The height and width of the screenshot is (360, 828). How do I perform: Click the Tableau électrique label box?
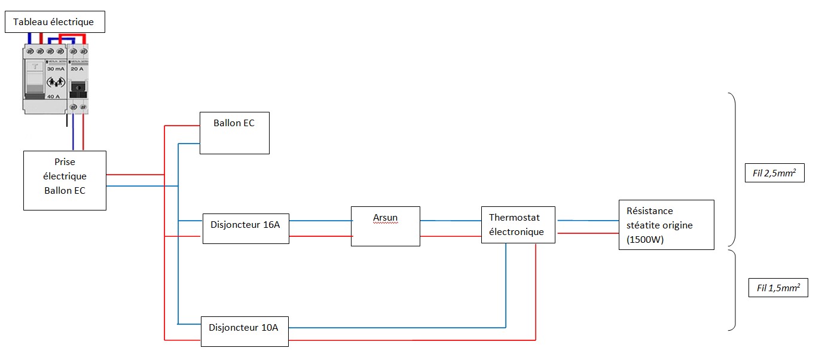(x=54, y=22)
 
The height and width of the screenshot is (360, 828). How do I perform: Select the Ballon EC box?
(x=234, y=133)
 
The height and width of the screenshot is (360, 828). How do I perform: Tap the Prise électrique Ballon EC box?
(x=65, y=180)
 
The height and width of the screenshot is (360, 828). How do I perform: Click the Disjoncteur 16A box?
(x=246, y=228)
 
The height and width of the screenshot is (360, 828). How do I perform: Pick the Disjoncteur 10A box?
(x=245, y=331)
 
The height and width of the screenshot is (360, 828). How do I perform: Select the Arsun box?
(x=386, y=226)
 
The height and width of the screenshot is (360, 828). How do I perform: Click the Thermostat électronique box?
(x=518, y=224)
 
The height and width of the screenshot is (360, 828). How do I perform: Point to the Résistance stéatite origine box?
(x=666, y=224)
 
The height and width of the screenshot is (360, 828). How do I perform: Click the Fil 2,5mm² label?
(x=775, y=174)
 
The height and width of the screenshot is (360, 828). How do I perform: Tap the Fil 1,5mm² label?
(x=778, y=288)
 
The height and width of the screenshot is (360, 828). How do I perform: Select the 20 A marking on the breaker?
(x=78, y=69)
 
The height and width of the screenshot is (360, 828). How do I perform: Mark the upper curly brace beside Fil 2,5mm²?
(x=732, y=170)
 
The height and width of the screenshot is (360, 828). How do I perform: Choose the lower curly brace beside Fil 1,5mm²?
(x=732, y=289)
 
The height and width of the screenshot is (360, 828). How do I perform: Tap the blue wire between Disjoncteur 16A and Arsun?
(x=320, y=221)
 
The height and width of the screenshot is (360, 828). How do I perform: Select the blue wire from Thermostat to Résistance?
(x=587, y=220)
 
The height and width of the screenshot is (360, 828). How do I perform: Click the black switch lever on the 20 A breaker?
(x=78, y=89)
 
